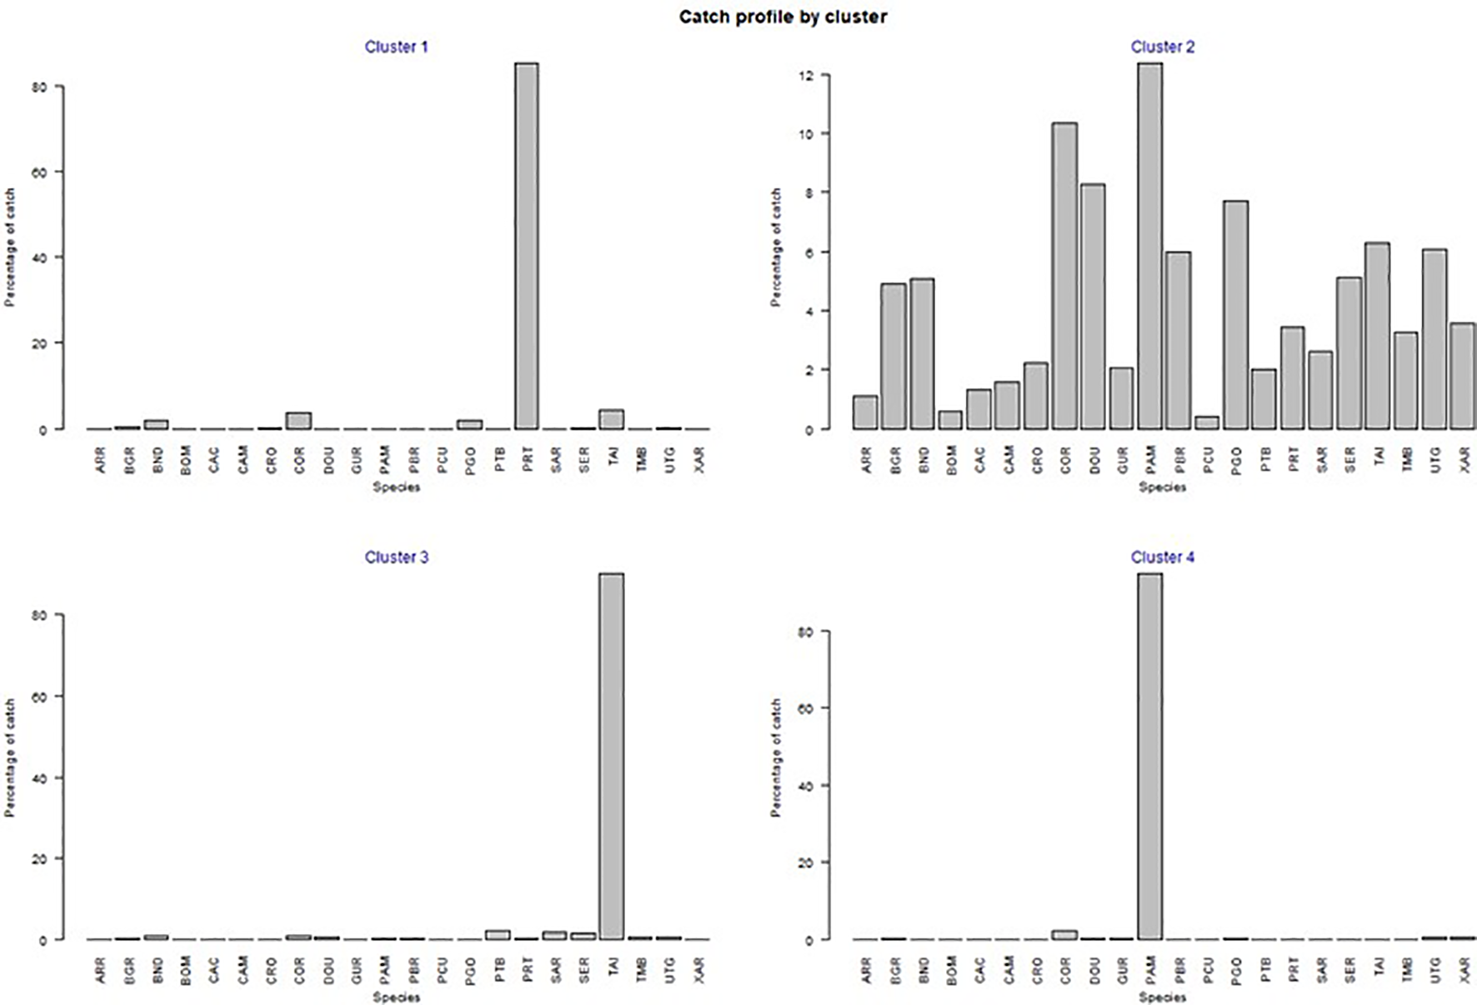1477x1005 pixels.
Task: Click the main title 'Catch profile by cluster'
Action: tap(783, 17)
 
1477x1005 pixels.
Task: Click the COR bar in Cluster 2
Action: tap(1064, 276)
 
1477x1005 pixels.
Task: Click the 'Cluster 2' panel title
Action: tap(1162, 47)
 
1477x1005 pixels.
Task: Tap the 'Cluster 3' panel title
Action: tap(396, 557)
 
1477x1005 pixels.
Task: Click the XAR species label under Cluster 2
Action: tap(1465, 459)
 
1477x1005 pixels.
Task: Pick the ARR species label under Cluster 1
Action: tap(101, 461)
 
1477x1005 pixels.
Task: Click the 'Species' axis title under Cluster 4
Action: tap(1162, 997)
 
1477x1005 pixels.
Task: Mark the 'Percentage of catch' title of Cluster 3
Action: tap(11, 757)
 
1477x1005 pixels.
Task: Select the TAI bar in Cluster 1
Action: tap(612, 419)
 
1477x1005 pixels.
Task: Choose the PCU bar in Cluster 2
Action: tap(1207, 422)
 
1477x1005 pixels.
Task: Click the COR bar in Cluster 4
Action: tap(1064, 935)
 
